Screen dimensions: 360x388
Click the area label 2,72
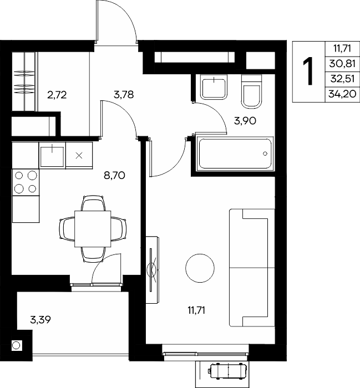click(57, 95)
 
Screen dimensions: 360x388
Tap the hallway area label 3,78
click(124, 94)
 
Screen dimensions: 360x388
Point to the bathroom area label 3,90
click(245, 121)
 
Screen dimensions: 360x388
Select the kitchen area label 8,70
click(114, 176)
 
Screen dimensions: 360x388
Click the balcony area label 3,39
click(40, 320)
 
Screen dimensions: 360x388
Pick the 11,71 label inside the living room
click(196, 310)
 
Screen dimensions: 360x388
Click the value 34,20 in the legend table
click(342, 94)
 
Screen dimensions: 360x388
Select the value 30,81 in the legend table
click(342, 64)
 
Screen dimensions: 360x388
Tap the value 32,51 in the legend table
click(342, 79)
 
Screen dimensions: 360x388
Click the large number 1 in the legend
click(308, 71)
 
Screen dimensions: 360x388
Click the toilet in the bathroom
click(251, 91)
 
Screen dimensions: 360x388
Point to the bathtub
click(235, 154)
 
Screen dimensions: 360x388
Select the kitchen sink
click(52, 155)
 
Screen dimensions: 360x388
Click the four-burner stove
click(26, 182)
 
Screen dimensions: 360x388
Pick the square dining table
click(93, 228)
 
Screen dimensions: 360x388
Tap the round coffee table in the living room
click(200, 268)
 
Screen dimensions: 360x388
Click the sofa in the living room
click(252, 268)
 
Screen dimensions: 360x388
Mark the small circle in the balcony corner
click(16, 345)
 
